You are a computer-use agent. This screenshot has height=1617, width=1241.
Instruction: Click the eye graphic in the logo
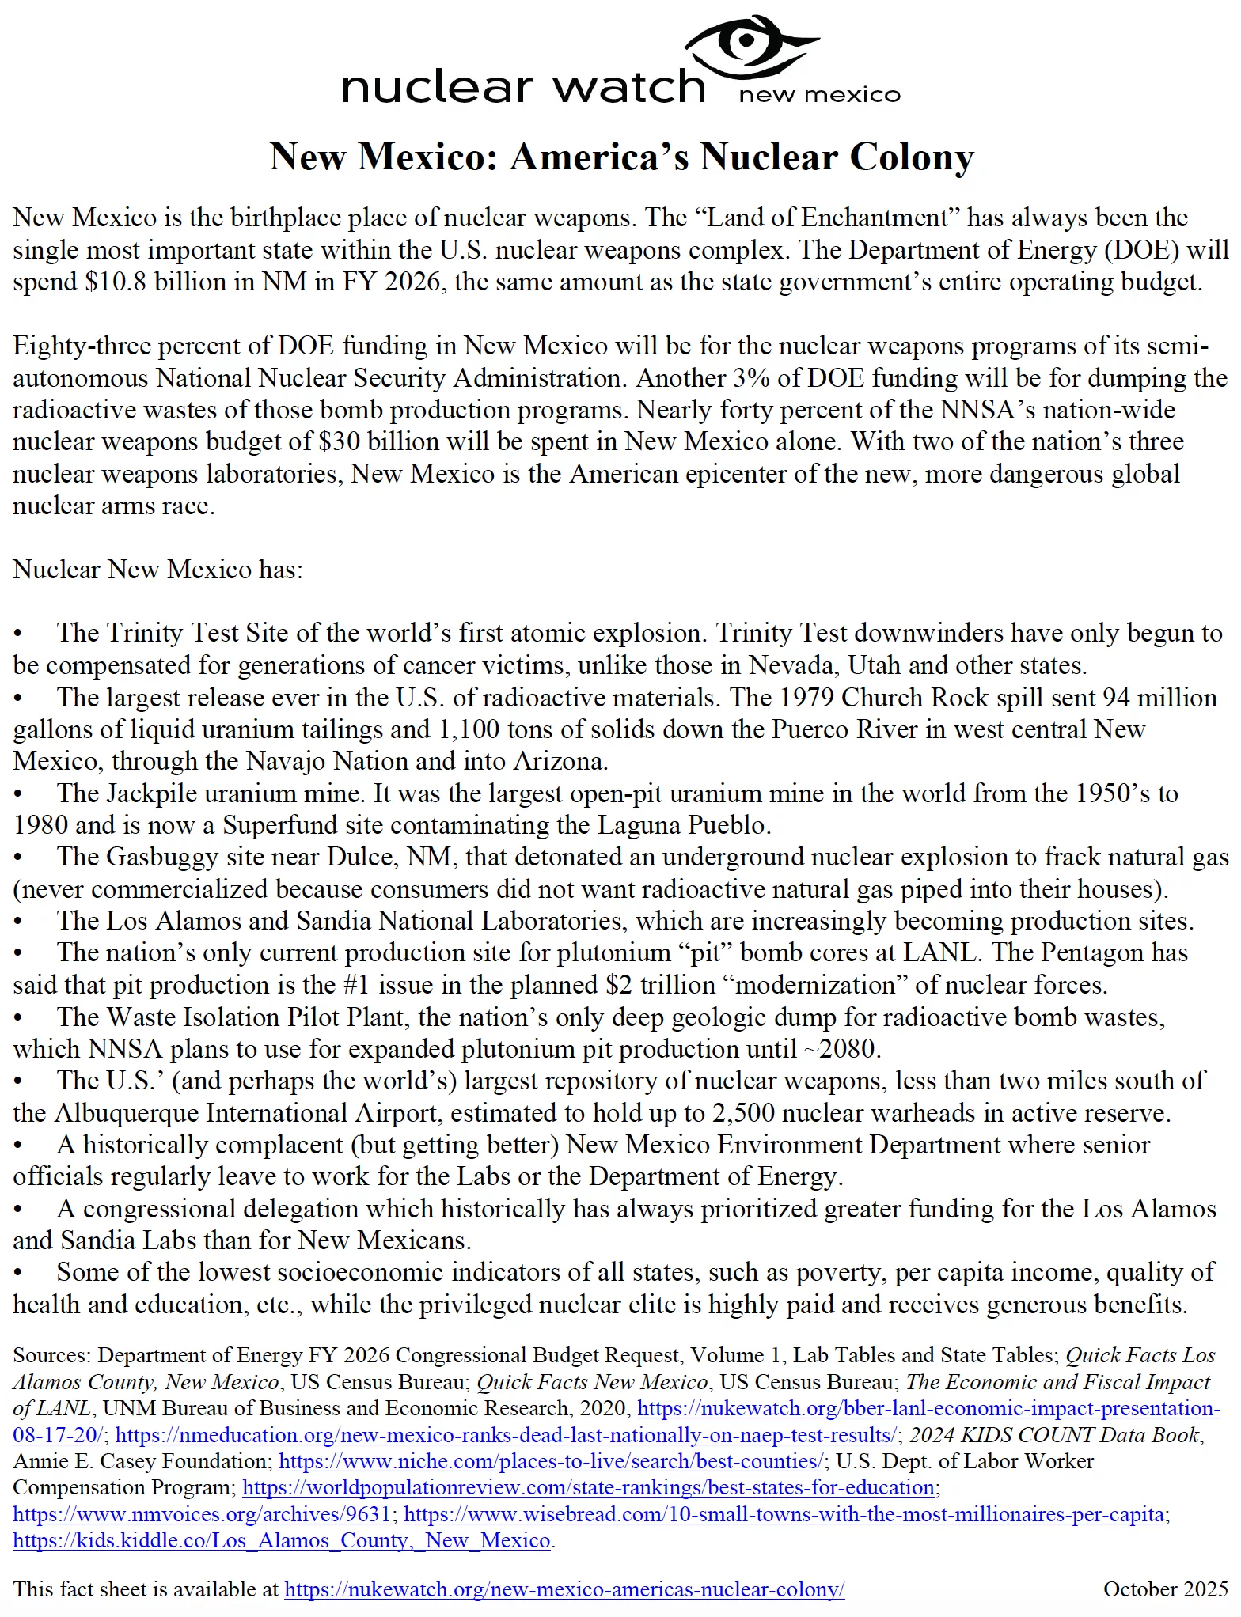pos(748,44)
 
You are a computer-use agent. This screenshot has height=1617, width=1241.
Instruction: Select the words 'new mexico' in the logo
pos(819,96)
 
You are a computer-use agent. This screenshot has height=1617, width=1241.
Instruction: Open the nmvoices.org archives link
pos(202,1514)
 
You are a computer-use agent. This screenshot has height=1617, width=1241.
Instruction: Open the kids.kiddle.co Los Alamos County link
pos(282,1541)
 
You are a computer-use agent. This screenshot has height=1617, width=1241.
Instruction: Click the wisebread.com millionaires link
pos(784,1514)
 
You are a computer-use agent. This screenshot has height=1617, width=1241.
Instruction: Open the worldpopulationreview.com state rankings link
pos(588,1487)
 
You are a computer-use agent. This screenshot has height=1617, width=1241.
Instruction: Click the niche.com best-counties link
pos(551,1461)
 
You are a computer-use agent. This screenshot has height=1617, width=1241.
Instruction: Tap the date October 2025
pos(1165,1589)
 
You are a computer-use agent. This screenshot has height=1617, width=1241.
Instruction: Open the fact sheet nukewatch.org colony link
pos(564,1589)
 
